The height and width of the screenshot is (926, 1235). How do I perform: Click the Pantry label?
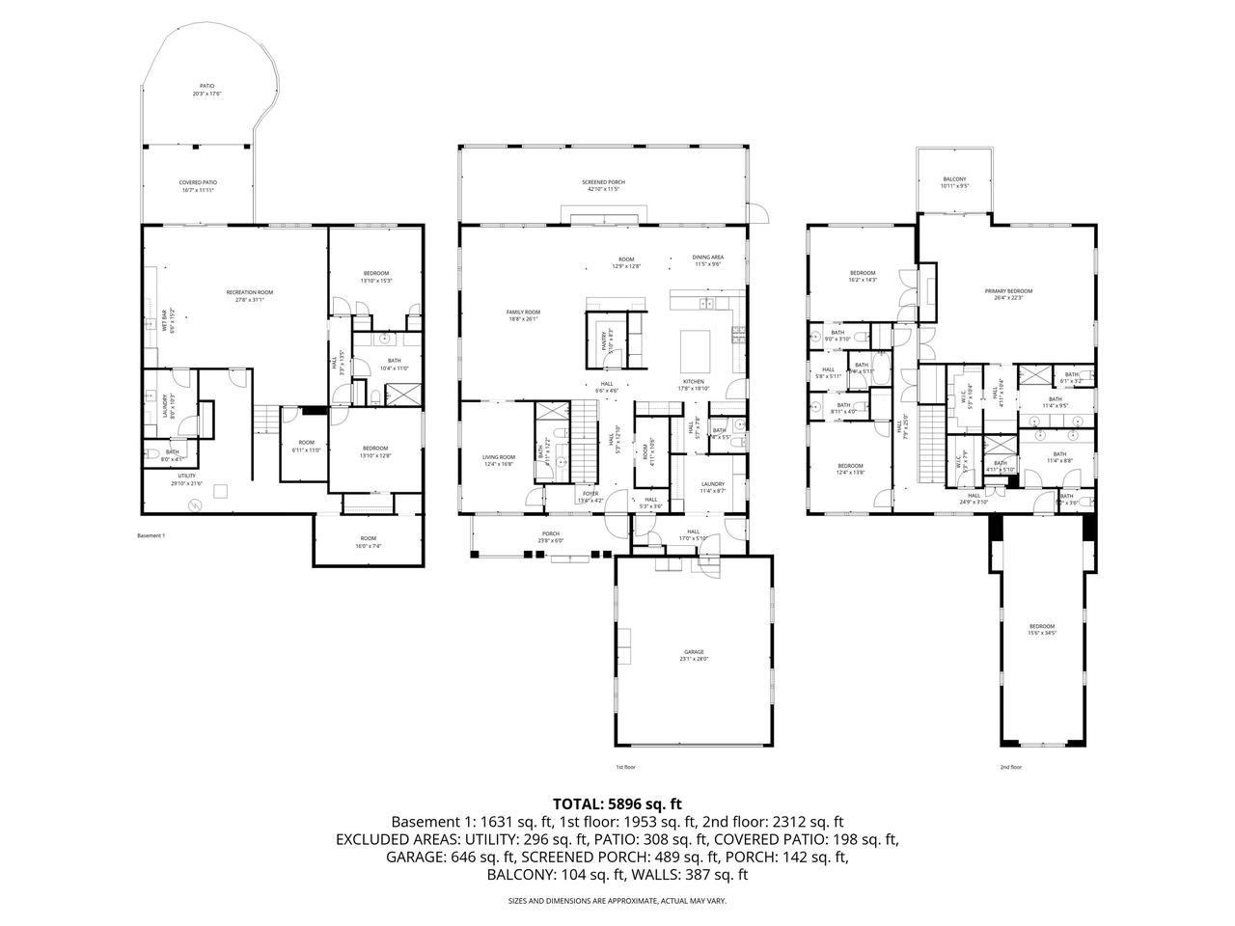point(604,338)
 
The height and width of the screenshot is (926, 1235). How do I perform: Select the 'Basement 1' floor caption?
point(151,535)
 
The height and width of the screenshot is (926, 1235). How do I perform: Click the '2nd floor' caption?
point(1010,767)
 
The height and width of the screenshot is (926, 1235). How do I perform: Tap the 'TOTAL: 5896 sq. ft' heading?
point(617,803)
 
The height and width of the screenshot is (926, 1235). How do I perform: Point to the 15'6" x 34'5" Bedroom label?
point(1041,629)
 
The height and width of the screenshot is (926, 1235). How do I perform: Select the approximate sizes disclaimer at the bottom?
point(617,901)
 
